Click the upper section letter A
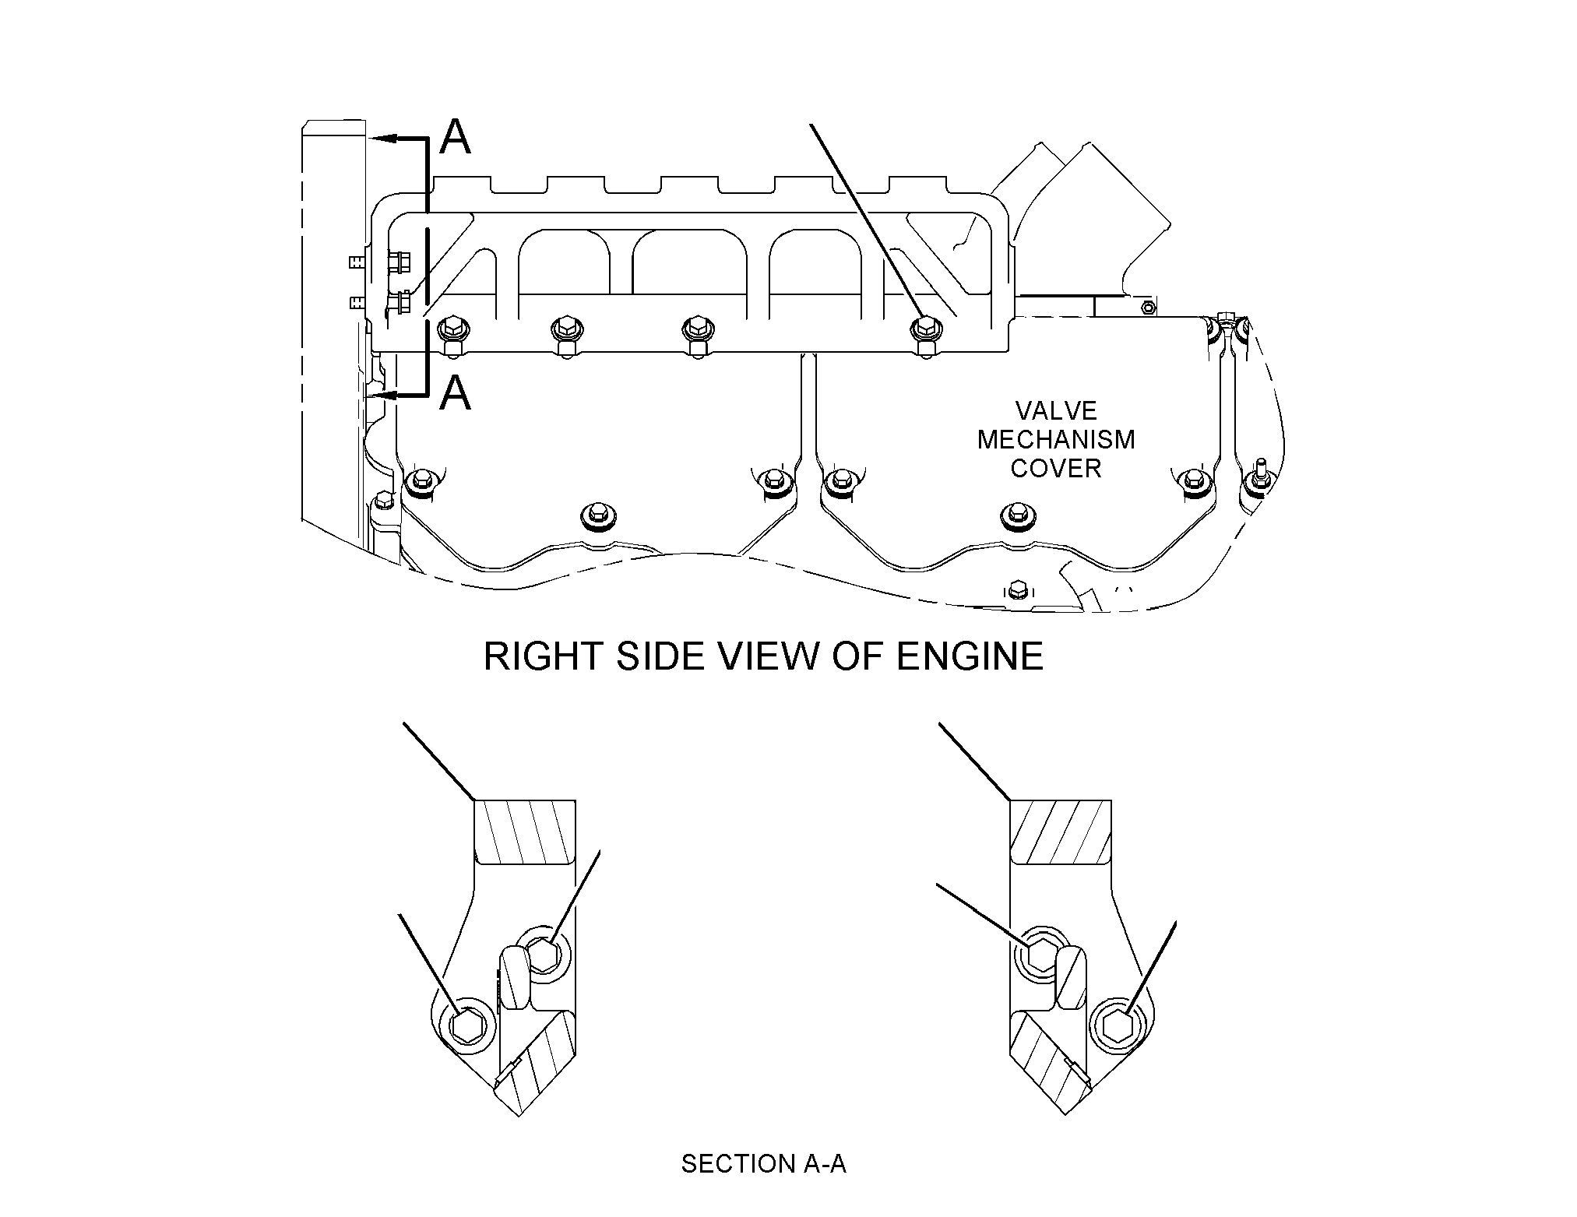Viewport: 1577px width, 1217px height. click(456, 137)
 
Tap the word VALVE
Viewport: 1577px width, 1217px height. click(1056, 411)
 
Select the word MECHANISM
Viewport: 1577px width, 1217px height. click(1056, 440)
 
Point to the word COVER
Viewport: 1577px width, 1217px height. click(1056, 469)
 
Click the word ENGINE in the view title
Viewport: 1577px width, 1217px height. click(970, 656)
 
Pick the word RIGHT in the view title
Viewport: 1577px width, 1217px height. click(544, 656)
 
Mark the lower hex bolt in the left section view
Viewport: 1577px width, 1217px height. click(468, 1024)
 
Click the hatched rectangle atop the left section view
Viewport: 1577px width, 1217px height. click(525, 832)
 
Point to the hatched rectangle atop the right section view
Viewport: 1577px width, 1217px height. click(1061, 832)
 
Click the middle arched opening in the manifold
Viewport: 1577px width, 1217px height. click(690, 269)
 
